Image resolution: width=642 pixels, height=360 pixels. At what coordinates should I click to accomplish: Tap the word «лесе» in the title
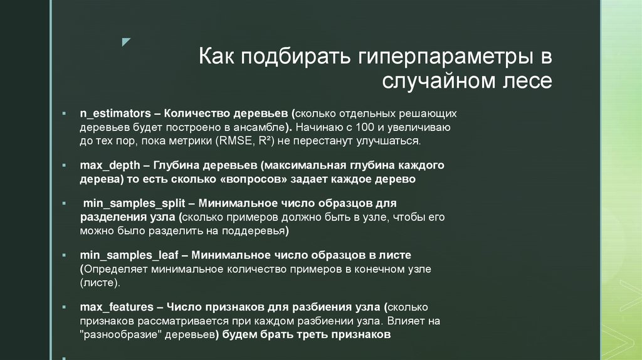click(529, 81)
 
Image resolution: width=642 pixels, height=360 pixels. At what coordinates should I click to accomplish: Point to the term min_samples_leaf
click(129, 255)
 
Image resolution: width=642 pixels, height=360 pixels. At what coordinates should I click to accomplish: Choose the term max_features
click(117, 307)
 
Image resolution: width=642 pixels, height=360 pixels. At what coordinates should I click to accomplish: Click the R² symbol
click(259, 142)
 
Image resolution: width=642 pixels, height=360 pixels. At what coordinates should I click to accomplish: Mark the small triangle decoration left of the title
click(125, 42)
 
